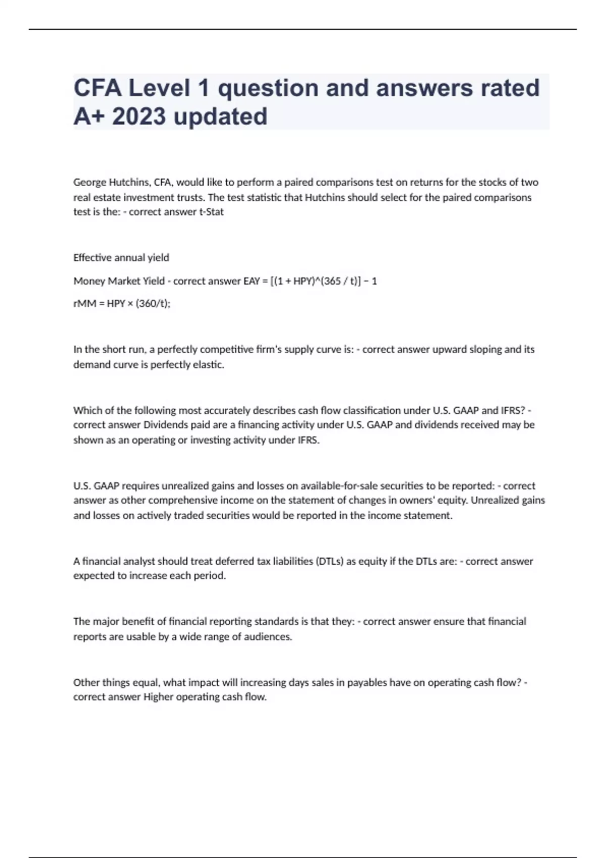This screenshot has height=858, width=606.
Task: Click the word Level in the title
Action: [159, 88]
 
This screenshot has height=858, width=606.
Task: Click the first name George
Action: [90, 182]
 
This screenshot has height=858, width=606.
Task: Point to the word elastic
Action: [209, 364]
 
